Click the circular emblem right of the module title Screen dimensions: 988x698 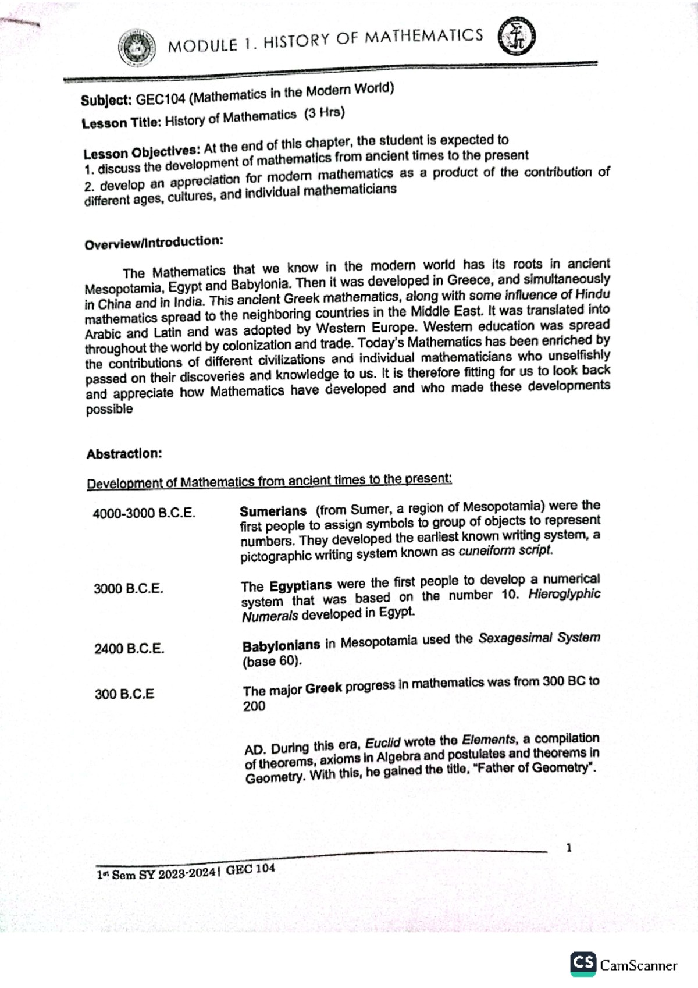(x=517, y=37)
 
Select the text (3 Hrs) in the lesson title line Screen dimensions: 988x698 (x=324, y=113)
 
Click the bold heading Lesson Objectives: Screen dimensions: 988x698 (x=141, y=152)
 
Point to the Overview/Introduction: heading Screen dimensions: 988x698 (x=154, y=243)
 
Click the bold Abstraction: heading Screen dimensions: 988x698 (x=124, y=454)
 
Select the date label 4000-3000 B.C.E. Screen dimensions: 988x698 (x=144, y=513)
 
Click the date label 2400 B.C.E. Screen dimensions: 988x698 (x=129, y=648)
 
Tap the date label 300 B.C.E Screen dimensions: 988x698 (x=124, y=694)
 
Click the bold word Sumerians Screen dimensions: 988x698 (x=273, y=511)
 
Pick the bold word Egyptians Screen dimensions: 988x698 (x=300, y=585)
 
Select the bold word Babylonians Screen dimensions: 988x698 (x=281, y=645)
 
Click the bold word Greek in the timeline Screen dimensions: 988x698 (x=323, y=688)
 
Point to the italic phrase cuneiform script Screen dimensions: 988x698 (x=505, y=550)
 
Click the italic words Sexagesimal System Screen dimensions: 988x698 (x=539, y=638)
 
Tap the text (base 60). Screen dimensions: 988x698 (x=272, y=662)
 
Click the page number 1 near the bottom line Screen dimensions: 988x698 (x=568, y=848)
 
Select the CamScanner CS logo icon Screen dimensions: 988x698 (x=583, y=963)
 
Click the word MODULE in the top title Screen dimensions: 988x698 (x=202, y=45)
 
